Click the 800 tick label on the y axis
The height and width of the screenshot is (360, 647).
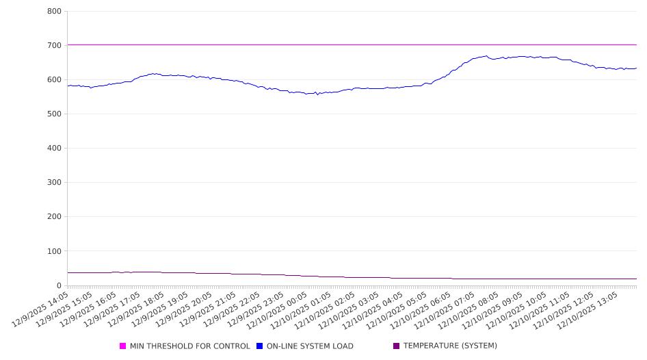[x=54, y=12]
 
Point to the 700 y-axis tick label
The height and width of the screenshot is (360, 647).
[x=54, y=46]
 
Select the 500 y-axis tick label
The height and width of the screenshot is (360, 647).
[x=54, y=114]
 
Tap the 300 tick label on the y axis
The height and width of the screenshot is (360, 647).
[x=54, y=183]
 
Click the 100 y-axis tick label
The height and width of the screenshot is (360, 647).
[x=54, y=251]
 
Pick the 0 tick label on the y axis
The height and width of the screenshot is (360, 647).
[x=59, y=285]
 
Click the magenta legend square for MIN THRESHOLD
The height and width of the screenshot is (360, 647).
[x=123, y=346]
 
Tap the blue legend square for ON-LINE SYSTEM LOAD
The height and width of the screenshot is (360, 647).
[x=260, y=346]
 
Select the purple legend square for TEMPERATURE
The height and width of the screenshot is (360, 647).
[x=397, y=346]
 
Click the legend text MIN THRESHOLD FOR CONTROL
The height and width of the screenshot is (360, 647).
[x=189, y=346]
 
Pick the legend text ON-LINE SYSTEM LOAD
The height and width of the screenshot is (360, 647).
[x=310, y=346]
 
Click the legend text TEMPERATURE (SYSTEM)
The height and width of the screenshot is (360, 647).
[x=450, y=346]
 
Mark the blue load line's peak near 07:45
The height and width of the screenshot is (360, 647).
[x=486, y=56]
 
